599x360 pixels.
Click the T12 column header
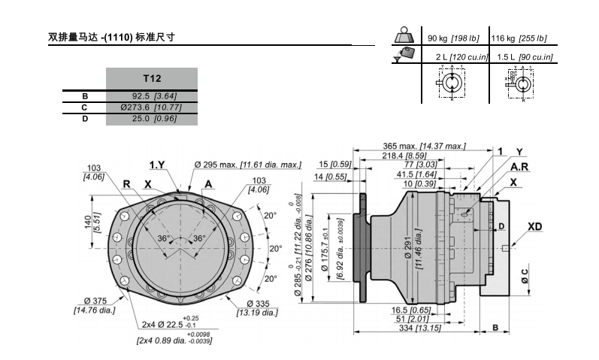pos(152,77)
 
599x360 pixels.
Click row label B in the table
pos(85,96)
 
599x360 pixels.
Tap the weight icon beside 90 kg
pos(407,38)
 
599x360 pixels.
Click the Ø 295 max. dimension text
pos(247,164)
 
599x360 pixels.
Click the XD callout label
pos(535,226)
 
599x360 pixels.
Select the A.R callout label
pos(519,166)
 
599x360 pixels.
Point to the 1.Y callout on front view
pos(157,165)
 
